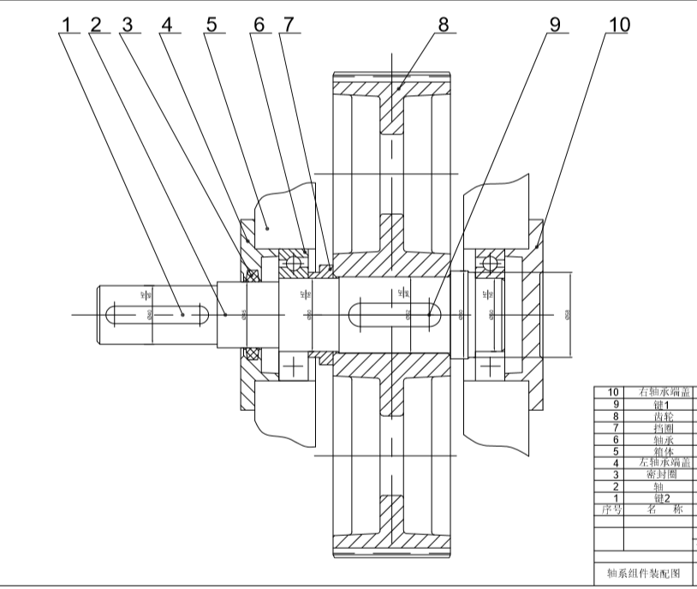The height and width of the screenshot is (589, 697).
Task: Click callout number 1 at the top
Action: point(64,24)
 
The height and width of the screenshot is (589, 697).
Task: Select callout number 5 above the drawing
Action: point(211,24)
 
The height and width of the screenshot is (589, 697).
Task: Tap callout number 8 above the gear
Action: point(443,24)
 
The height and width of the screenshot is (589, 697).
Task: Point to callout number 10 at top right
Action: point(617,24)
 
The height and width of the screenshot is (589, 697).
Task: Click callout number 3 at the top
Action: point(128,24)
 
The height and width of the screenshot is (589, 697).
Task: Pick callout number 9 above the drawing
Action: point(554,24)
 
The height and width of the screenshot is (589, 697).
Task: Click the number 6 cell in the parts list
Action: point(612,439)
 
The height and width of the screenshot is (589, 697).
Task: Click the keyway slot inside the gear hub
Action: point(394,314)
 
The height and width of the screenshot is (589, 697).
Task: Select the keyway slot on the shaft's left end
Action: point(155,314)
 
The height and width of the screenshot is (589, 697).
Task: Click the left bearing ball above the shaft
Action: point(295,259)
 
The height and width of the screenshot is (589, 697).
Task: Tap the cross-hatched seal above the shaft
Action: point(253,275)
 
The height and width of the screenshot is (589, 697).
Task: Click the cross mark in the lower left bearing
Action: point(295,367)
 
